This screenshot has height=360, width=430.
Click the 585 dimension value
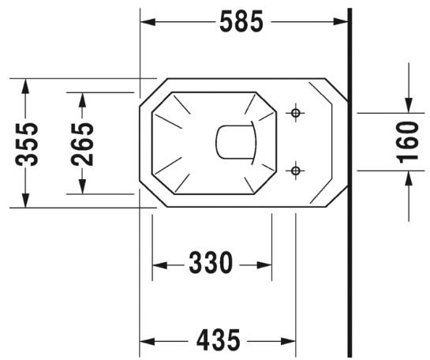242,23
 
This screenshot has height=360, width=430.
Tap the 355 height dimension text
28,143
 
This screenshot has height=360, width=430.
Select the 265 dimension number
82,143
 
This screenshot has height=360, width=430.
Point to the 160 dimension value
408,143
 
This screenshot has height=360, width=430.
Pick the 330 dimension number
210,264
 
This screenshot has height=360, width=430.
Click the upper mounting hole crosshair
296,114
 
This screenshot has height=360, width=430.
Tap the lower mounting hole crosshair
296,170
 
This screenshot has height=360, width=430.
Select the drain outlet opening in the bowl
237,142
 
